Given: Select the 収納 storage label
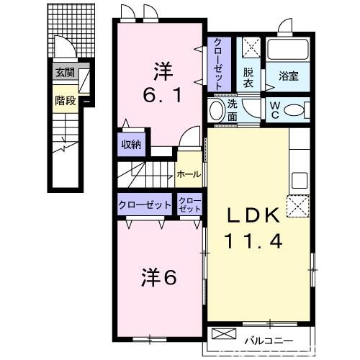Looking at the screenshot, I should [130, 144].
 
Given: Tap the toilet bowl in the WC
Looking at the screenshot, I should [295, 110].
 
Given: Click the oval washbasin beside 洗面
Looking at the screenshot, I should [215, 111].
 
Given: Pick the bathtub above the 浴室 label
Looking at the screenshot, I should [287, 50].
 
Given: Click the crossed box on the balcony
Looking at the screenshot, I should [224, 336].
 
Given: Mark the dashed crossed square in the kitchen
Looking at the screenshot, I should [298, 207].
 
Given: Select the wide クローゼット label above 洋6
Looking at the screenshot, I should [145, 204].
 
